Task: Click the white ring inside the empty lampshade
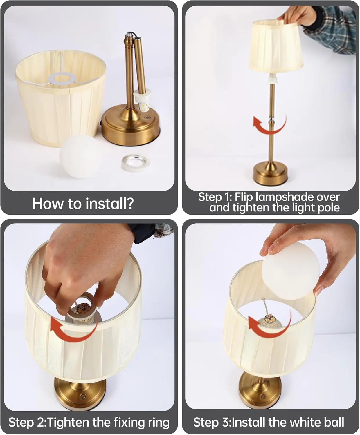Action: (61, 78)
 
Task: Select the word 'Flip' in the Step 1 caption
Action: (244, 197)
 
